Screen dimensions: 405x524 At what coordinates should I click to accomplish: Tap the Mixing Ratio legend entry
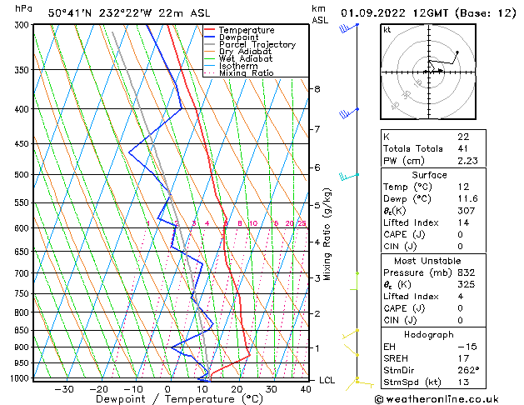246,73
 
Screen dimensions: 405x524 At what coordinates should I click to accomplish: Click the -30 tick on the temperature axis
64,389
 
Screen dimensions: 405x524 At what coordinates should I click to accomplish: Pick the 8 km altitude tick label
317,88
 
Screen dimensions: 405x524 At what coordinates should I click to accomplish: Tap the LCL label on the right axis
327,380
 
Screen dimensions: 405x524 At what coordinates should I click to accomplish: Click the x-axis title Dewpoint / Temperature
167,400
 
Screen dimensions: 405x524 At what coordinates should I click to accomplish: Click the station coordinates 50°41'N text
70,12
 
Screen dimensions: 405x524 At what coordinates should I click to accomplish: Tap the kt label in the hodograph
387,30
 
